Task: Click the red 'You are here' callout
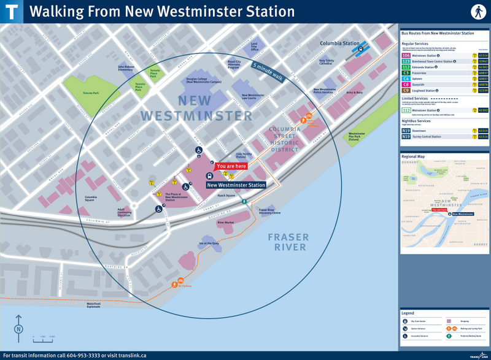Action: pyautogui.click(x=231, y=166)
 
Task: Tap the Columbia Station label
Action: pyautogui.click(x=338, y=44)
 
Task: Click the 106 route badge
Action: pyautogui.click(x=406, y=55)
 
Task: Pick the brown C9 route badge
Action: pyautogui.click(x=406, y=90)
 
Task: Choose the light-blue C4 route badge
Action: pyautogui.click(x=406, y=79)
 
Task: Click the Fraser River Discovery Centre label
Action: pyautogui.click(x=270, y=211)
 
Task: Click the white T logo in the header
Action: pyautogui.click(x=12, y=11)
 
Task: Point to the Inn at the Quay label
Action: pyautogui.click(x=209, y=243)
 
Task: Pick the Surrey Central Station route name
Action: pyautogui.click(x=433, y=137)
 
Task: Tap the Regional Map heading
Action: pyautogui.click(x=412, y=156)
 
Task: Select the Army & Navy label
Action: pyautogui.click(x=355, y=92)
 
